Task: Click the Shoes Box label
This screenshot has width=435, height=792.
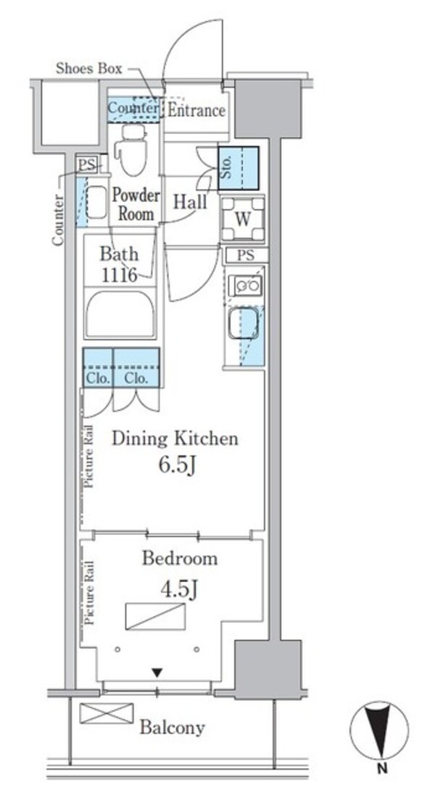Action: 89,69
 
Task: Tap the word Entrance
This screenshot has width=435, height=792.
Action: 196,110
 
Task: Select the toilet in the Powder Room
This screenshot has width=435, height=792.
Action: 131,150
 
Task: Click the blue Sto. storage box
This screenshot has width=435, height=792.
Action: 239,168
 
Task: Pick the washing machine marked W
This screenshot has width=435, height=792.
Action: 243,219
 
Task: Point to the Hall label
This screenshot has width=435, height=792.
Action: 190,202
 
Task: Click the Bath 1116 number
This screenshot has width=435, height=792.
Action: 120,275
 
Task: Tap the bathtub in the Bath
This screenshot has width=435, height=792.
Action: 120,313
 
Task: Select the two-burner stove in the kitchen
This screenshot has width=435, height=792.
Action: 245,286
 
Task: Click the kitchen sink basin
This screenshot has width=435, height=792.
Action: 244,324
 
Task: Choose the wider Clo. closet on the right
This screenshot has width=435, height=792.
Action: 136,367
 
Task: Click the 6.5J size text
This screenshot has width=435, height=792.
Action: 177,465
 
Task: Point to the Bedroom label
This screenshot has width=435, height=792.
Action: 180,559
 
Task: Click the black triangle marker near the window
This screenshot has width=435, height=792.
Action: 158,673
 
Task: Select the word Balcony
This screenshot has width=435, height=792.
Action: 173,728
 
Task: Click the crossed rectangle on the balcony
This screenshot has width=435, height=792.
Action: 107,713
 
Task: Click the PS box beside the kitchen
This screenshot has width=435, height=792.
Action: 246,256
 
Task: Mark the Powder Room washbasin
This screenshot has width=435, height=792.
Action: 96,202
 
